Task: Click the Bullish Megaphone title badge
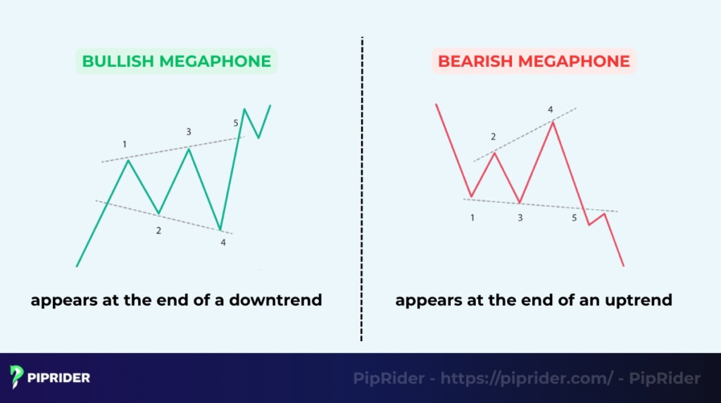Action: click(x=176, y=61)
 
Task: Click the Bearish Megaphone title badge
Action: click(x=534, y=61)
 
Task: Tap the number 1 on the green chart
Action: click(x=125, y=144)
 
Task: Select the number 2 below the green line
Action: click(x=158, y=230)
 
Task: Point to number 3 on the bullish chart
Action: click(x=188, y=132)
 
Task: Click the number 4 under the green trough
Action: click(x=223, y=242)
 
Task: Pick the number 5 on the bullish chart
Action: click(x=236, y=123)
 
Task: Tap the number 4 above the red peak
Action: click(x=551, y=109)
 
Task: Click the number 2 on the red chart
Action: click(x=493, y=137)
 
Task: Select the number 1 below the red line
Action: click(x=472, y=218)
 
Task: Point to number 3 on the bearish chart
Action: click(x=520, y=218)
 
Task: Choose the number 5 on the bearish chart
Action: click(x=574, y=218)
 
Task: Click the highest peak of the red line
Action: click(x=553, y=122)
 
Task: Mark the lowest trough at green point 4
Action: click(x=221, y=230)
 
